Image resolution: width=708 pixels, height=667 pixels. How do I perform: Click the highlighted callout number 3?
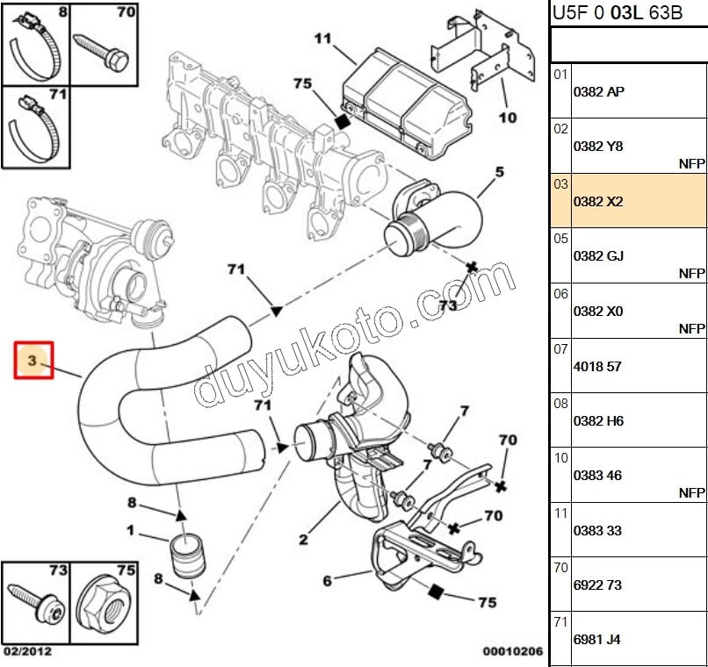(x=33, y=361)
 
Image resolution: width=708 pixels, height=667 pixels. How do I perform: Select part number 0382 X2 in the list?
(x=597, y=201)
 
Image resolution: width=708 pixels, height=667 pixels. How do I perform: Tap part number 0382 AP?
(x=598, y=91)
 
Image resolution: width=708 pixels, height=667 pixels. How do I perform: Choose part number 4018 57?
(x=597, y=366)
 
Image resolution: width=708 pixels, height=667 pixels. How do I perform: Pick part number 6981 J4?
(x=597, y=640)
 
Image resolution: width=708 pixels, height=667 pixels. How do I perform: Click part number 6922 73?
(x=597, y=585)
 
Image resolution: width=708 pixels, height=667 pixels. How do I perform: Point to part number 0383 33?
(x=597, y=530)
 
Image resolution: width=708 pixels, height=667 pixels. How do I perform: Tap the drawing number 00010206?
(x=513, y=652)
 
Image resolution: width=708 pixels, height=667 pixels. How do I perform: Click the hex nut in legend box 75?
(x=103, y=605)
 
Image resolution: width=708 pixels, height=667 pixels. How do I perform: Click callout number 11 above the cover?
(x=322, y=38)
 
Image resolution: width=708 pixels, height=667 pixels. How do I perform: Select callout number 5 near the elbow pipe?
(x=499, y=171)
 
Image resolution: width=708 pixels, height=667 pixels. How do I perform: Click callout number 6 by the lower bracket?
(x=327, y=580)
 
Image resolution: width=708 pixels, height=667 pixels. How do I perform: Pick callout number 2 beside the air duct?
(x=303, y=539)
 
